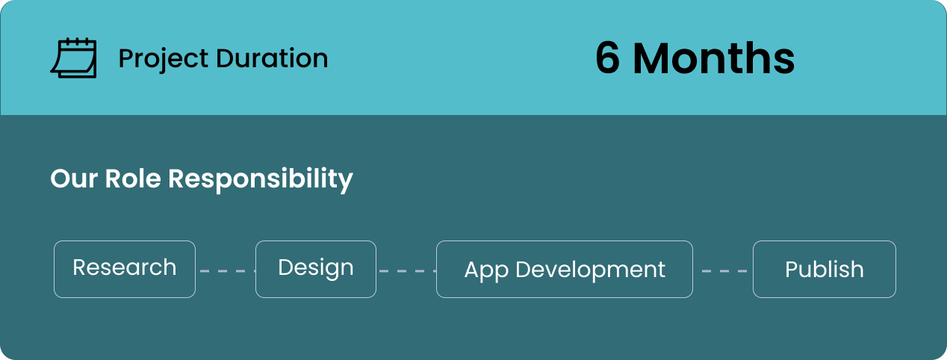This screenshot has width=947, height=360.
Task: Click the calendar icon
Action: coord(74,58)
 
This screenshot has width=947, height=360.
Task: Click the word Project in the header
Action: coord(164,59)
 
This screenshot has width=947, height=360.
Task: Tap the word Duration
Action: coord(273,58)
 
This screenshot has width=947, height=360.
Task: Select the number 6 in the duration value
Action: coord(607,58)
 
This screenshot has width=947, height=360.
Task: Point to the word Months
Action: coord(714,58)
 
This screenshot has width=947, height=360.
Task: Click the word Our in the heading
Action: coord(74,179)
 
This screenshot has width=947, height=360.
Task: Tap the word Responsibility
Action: coord(261,180)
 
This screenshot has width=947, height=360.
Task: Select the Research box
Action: coord(125,269)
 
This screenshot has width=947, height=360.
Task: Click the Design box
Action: coord(316,269)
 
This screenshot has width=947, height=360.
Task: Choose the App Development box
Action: coord(565,269)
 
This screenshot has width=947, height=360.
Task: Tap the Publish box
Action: coord(825,269)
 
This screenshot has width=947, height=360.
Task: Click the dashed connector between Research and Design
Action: coord(228,270)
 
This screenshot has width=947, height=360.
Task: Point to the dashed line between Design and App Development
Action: coord(408,270)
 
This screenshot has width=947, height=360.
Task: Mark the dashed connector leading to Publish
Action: coord(724,270)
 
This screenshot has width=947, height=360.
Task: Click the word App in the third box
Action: coord(486,270)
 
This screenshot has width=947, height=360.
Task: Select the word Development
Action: coord(591,270)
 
